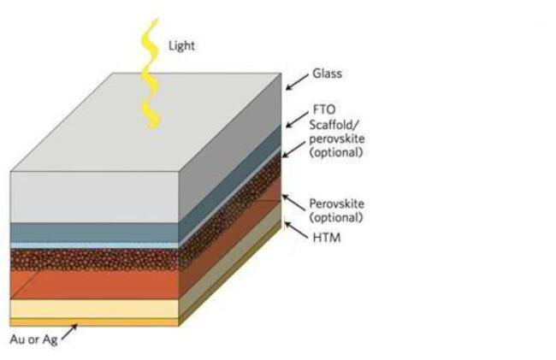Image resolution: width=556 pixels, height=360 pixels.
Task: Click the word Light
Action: pyautogui.click(x=181, y=45)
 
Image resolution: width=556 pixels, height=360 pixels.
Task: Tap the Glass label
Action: pyautogui.click(x=327, y=74)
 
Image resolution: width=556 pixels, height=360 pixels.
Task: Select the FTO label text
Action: pyautogui.click(x=324, y=109)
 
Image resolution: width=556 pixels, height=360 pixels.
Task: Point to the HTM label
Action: pyautogui.click(x=327, y=238)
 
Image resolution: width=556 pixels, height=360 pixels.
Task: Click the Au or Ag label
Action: pyautogui.click(x=33, y=339)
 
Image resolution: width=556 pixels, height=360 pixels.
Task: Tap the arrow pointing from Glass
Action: pyautogui.click(x=297, y=82)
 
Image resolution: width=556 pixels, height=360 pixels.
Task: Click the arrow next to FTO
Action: pyautogui.click(x=297, y=120)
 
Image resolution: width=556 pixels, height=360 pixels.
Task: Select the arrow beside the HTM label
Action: pyautogui.click(x=297, y=230)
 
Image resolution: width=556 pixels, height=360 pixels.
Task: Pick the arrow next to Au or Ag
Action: pyautogui.click(x=69, y=333)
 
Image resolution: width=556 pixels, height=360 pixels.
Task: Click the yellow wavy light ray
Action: pyautogui.click(x=151, y=73)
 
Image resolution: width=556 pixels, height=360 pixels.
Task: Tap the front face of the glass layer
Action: pyautogui.click(x=94, y=197)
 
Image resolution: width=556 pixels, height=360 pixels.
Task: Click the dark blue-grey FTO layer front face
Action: pyautogui.click(x=94, y=233)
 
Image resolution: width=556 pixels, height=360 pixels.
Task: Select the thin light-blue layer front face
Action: pyautogui.click(x=94, y=245)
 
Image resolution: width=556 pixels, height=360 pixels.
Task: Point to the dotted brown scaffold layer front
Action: pyautogui.click(x=94, y=260)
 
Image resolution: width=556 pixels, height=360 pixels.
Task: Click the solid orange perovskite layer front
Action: pyautogui.click(x=94, y=286)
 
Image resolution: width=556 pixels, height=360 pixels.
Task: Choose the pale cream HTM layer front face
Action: pyautogui.click(x=94, y=309)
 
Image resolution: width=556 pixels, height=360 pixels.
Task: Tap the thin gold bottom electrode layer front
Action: pyautogui.click(x=94, y=322)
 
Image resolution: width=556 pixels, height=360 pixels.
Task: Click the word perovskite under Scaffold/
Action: pyautogui.click(x=337, y=139)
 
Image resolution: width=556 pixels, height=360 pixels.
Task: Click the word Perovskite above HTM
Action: pyautogui.click(x=337, y=204)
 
